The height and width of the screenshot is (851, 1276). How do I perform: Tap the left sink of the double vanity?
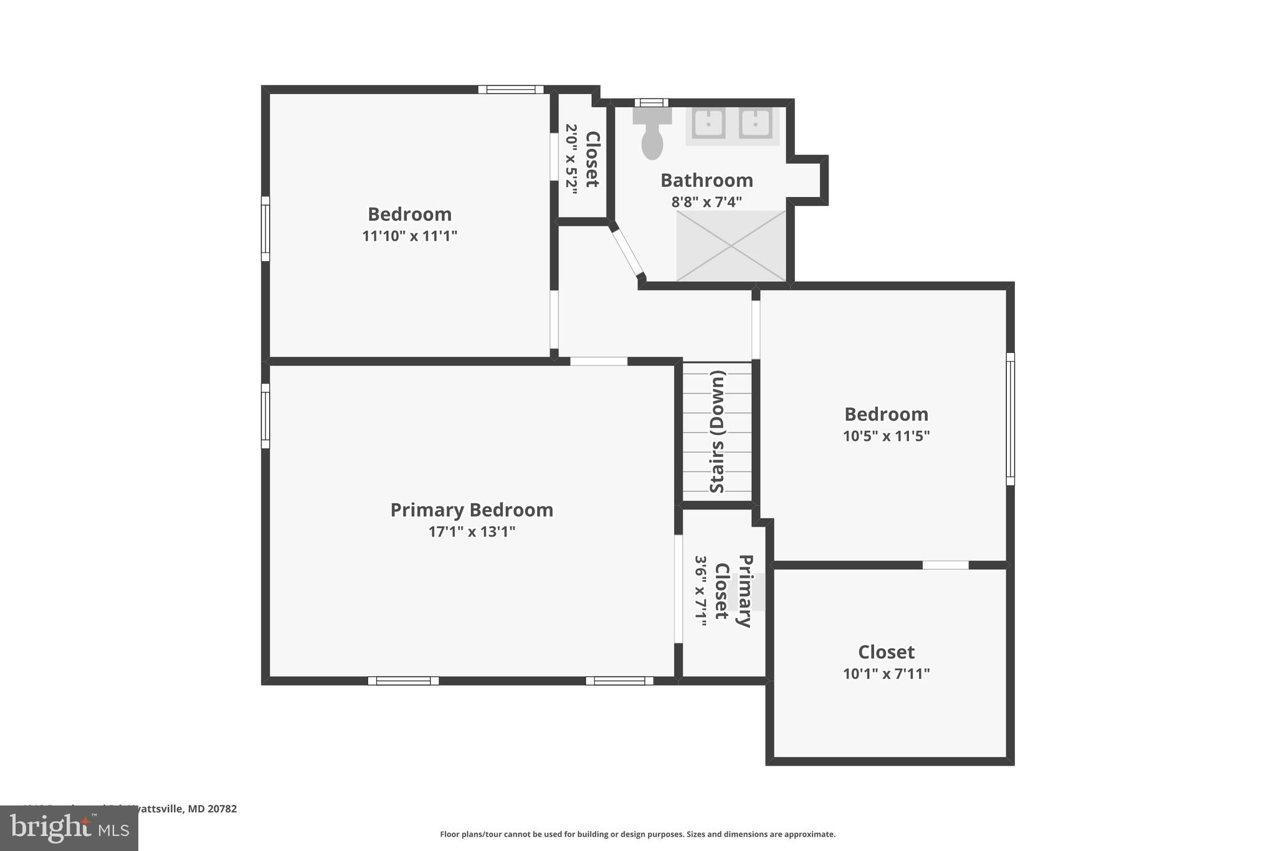click(x=708, y=123)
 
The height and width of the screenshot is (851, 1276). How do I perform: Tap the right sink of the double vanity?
click(x=756, y=123)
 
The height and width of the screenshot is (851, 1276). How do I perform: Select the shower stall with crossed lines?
click(x=731, y=246)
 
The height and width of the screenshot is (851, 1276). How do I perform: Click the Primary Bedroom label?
click(x=472, y=510)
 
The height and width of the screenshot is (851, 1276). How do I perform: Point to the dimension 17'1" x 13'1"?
click(x=472, y=532)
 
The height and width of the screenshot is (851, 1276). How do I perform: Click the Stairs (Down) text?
click(x=718, y=431)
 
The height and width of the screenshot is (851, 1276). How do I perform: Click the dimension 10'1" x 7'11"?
click(x=886, y=674)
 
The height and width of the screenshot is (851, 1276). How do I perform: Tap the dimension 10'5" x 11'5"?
click(x=886, y=436)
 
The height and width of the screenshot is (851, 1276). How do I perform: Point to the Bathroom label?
click(x=707, y=181)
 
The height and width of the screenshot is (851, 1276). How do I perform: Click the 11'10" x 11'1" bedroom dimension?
click(x=409, y=236)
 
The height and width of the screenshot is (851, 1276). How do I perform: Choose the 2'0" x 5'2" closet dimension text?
click(x=571, y=159)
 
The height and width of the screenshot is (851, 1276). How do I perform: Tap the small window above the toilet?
click(x=651, y=103)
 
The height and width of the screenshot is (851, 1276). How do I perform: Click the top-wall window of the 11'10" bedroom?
click(x=511, y=90)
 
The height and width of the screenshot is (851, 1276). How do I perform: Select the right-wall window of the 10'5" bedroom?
click(x=1010, y=419)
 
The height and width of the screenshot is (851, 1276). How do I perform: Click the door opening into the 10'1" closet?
click(x=945, y=565)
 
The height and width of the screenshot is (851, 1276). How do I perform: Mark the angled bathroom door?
click(x=627, y=252)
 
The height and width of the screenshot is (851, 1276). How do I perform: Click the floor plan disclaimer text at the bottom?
click(x=637, y=834)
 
